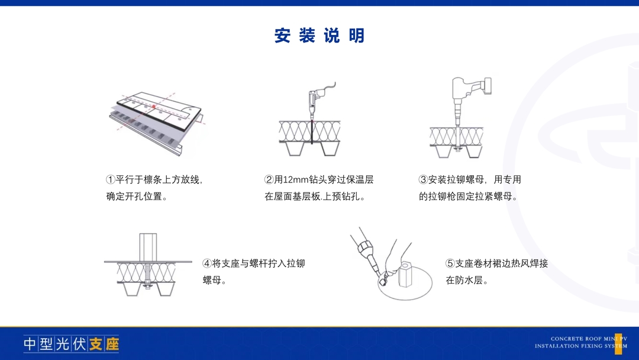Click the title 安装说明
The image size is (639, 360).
click(319, 36)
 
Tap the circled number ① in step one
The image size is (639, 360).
click(111, 180)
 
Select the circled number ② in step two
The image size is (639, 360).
click(269, 180)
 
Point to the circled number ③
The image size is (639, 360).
click(424, 180)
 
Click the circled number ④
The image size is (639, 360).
click(207, 263)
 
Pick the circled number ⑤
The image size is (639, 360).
click(450, 263)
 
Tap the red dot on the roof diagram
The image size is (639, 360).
click(154, 107)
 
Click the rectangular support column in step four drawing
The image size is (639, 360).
click(148, 247)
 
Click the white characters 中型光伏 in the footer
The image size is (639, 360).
click(55, 344)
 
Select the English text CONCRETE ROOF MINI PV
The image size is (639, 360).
click(589, 339)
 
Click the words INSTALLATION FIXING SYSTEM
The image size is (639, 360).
click(581, 346)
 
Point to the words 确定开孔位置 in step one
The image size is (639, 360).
click(134, 197)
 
